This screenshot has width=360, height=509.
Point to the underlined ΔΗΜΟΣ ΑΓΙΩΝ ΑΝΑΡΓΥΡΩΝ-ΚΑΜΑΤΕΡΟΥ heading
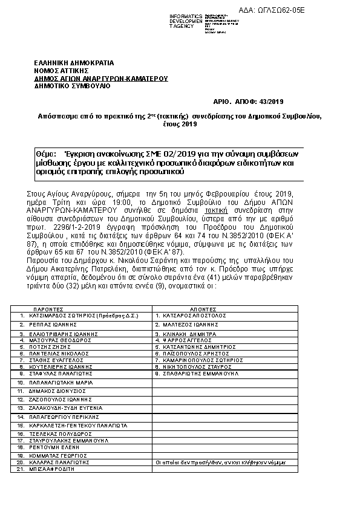[x=101, y=79]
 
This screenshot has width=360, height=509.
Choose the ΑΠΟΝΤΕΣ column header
[x=190, y=308]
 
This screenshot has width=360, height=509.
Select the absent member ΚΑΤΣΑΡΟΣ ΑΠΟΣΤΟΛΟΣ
[x=191, y=316]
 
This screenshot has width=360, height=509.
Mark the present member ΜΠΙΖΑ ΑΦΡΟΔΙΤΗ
[x=51, y=468]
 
